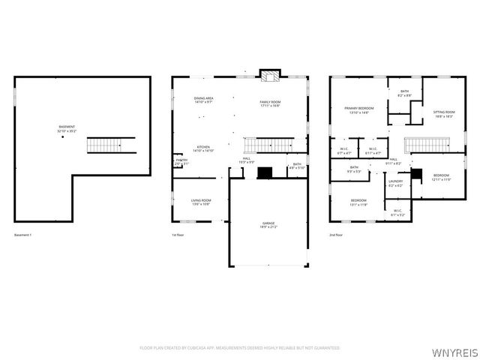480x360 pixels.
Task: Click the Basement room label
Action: coord(66,128)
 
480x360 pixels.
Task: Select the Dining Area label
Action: coord(203,100)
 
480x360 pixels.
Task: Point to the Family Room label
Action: coord(270,103)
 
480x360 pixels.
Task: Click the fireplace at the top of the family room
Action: coord(270,75)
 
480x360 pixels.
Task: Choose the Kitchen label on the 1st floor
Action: coord(203,148)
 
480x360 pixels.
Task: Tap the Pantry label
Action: coord(181,161)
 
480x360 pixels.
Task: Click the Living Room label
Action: coord(200,202)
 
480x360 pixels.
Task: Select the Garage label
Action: coord(268,225)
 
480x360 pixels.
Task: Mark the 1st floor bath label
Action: coord(297,166)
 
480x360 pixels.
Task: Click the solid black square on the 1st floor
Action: coord(264,172)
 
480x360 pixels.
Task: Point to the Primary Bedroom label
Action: coord(359,109)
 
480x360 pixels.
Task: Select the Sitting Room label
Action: coord(444,114)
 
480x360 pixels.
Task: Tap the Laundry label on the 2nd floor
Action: coord(395,183)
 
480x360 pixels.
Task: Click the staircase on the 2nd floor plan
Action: coord(427,145)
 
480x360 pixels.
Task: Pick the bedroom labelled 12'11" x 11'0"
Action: coord(441,177)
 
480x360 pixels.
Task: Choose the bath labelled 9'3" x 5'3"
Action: coord(354,169)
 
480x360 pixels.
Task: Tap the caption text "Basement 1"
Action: coord(23,235)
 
